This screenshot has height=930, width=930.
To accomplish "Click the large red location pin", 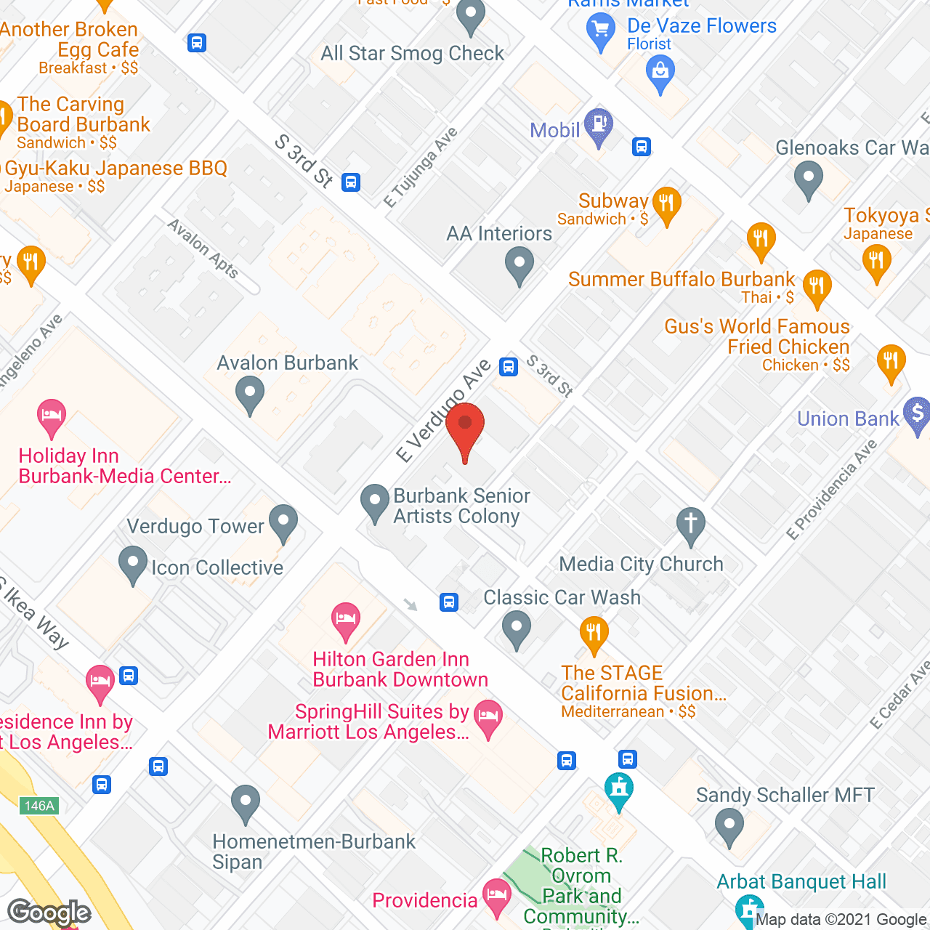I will click(x=465, y=429).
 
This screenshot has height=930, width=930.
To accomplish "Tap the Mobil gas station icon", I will click(x=599, y=126).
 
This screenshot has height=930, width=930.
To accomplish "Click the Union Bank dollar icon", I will click(x=917, y=414).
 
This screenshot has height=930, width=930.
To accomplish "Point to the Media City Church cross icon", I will click(x=691, y=524).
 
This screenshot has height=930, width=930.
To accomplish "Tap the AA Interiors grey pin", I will click(x=519, y=264).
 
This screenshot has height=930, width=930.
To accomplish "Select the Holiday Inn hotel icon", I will click(x=52, y=416).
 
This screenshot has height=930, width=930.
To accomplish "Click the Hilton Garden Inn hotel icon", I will click(x=346, y=620).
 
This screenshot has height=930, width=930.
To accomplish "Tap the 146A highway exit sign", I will click(x=39, y=805).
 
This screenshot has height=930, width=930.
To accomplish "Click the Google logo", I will click(x=49, y=913).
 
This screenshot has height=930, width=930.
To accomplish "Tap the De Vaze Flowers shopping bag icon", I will click(x=660, y=73).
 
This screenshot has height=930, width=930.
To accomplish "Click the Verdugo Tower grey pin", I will click(x=283, y=522).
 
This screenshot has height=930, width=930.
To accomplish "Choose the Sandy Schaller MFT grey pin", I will click(x=729, y=827).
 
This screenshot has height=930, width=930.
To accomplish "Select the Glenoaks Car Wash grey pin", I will click(x=808, y=178).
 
